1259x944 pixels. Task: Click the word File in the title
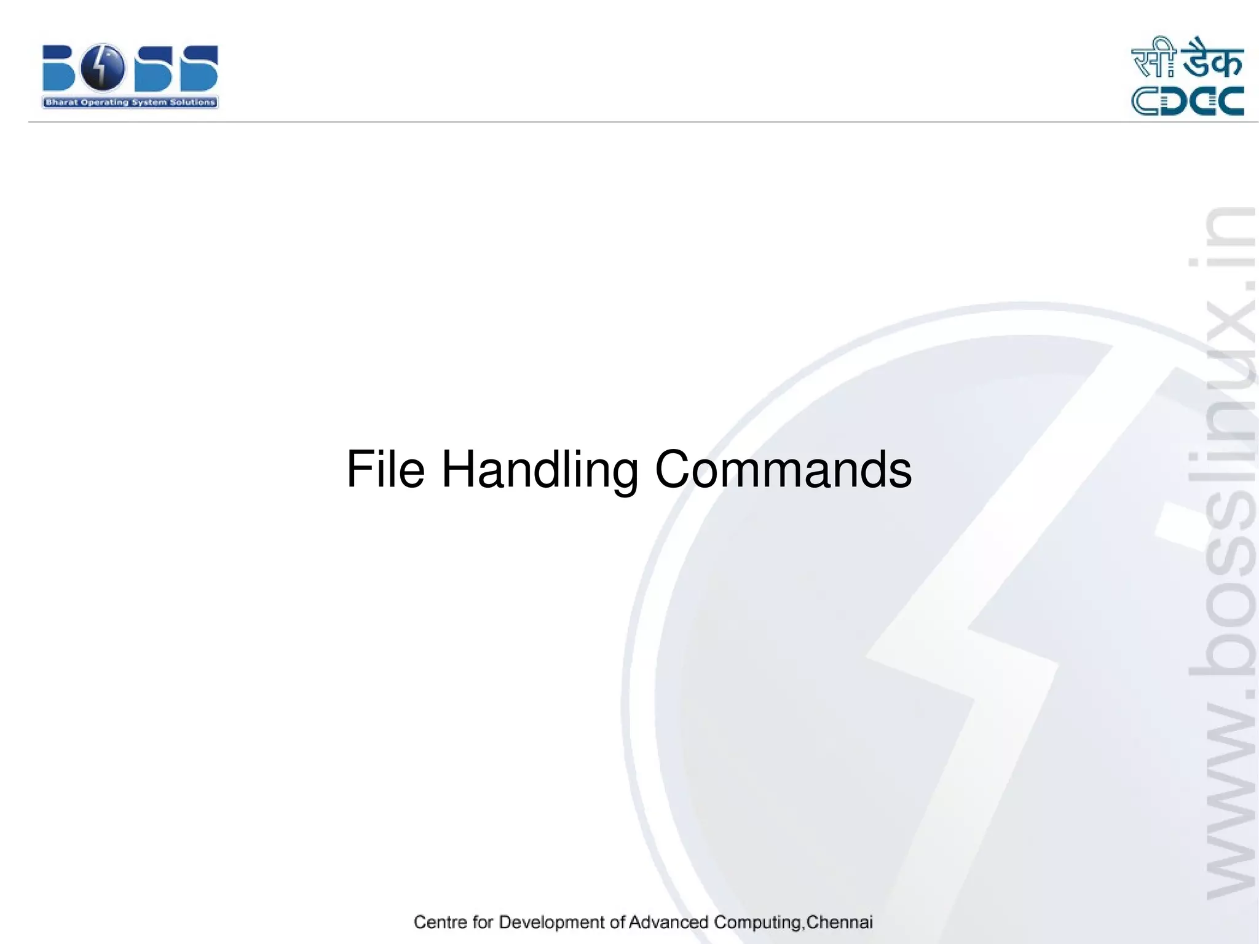point(385,469)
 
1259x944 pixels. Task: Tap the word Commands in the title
point(783,469)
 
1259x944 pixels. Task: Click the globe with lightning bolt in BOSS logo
point(102,68)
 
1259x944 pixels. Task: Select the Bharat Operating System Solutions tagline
point(130,103)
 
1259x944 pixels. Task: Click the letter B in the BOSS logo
point(60,68)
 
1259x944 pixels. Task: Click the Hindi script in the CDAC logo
point(1187,60)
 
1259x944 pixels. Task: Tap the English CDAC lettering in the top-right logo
point(1188,101)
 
